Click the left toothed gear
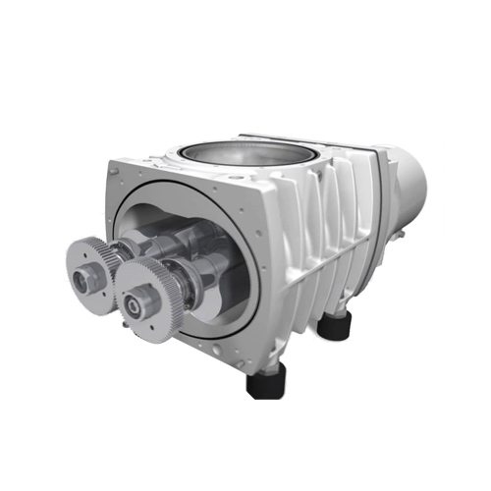point(86,262)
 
